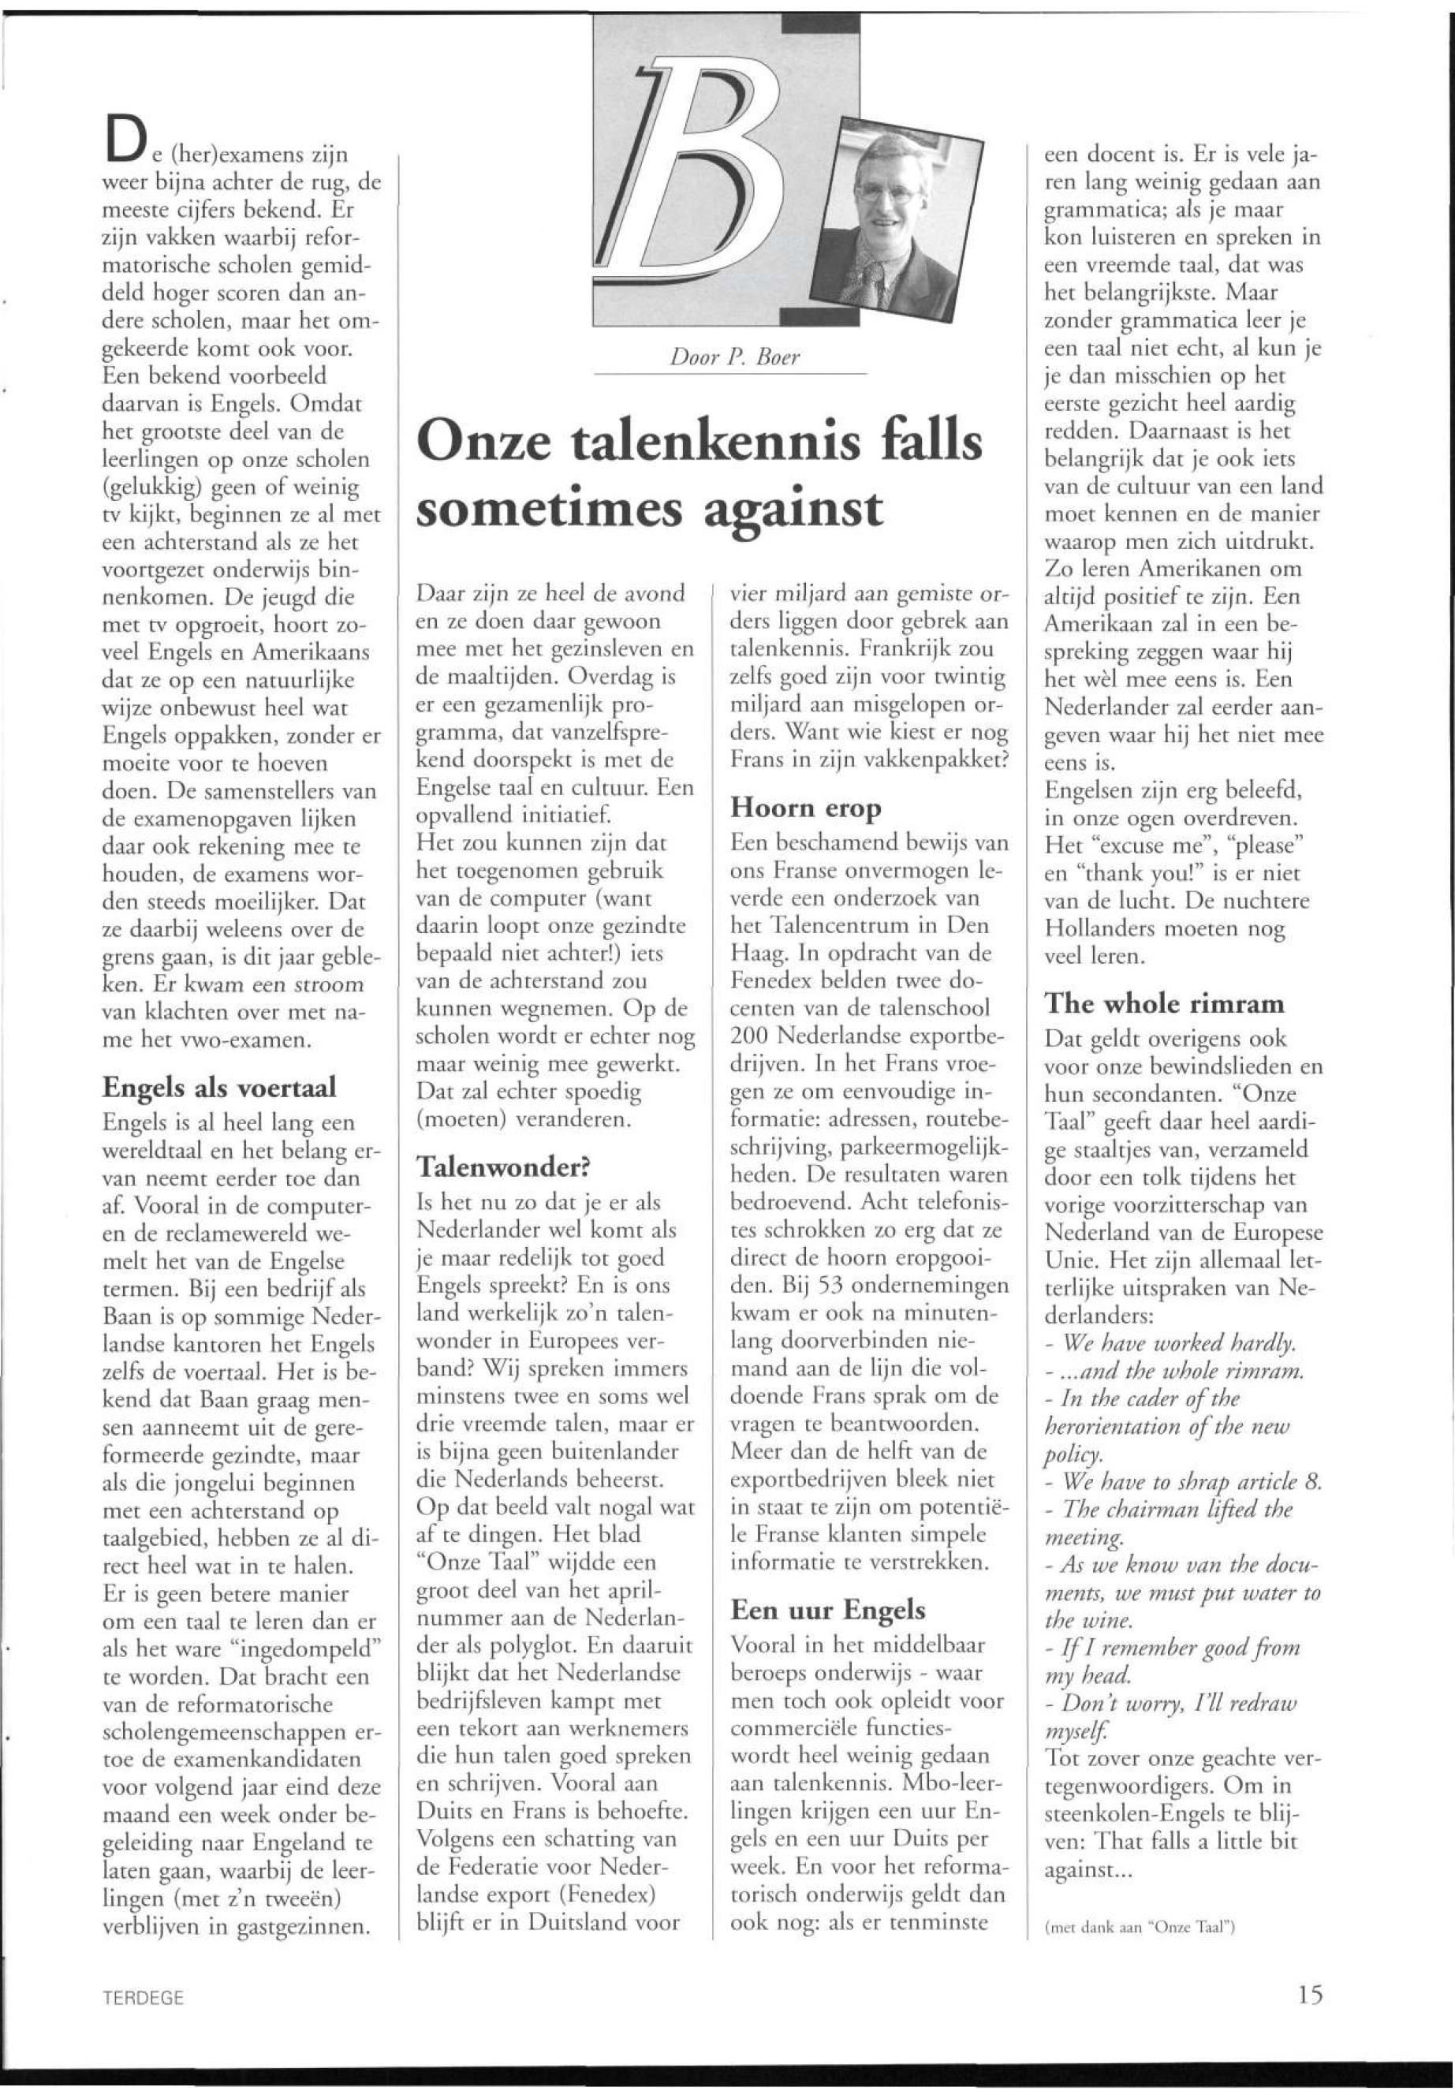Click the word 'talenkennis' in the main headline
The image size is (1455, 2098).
[x=684, y=446]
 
